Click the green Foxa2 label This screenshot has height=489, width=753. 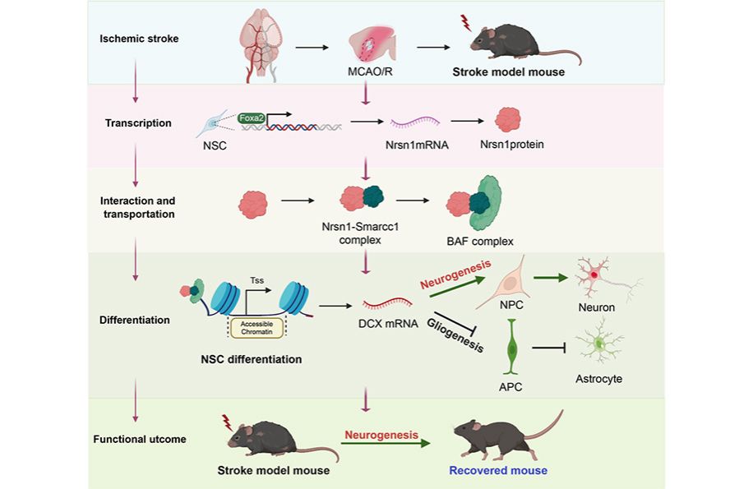252,118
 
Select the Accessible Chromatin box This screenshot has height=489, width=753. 256,328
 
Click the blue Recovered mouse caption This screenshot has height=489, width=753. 498,470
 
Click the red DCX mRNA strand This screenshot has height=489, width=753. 387,303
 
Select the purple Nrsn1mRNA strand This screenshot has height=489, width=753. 415,122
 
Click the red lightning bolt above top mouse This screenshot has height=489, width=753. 464,22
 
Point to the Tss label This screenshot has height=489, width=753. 257,280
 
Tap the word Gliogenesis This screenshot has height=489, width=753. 455,335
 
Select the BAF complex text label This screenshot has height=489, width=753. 480,242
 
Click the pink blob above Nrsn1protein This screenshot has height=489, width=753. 507,119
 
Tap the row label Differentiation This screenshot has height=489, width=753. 135,320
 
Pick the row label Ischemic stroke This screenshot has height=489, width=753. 139,39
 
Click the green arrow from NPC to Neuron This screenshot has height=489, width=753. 550,277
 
